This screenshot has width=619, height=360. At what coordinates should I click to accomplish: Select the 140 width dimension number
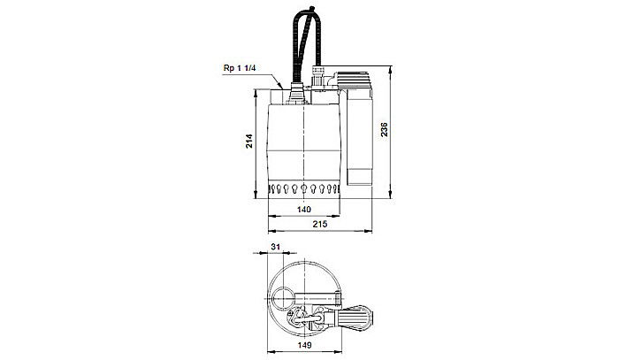click(x=304, y=211)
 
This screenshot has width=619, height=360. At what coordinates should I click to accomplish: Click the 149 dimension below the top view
click(x=304, y=347)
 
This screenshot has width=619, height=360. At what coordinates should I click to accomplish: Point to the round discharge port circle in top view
click(x=285, y=299)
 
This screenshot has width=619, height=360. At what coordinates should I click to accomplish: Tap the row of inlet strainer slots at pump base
click(x=304, y=190)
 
